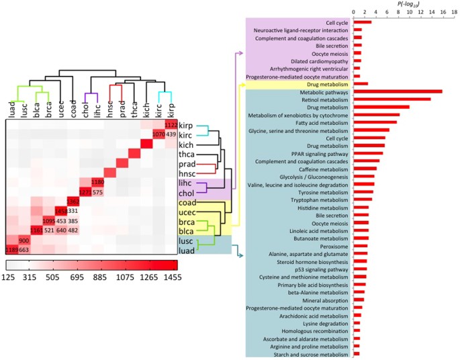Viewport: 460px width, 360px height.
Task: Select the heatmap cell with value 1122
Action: pyautogui.click(x=171, y=124)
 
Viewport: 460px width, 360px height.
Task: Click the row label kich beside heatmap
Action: pyautogui.click(x=186, y=144)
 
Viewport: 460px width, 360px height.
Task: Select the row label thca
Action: pyautogui.click(x=186, y=154)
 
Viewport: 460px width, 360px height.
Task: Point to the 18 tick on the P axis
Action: pyautogui.click(x=454, y=11)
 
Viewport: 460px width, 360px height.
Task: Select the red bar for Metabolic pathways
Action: pyautogui.click(x=398, y=91)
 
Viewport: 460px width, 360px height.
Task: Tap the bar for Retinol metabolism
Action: pyautogui.click(x=392, y=99)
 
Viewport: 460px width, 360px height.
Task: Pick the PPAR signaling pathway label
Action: pyautogui.click(x=320, y=153)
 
